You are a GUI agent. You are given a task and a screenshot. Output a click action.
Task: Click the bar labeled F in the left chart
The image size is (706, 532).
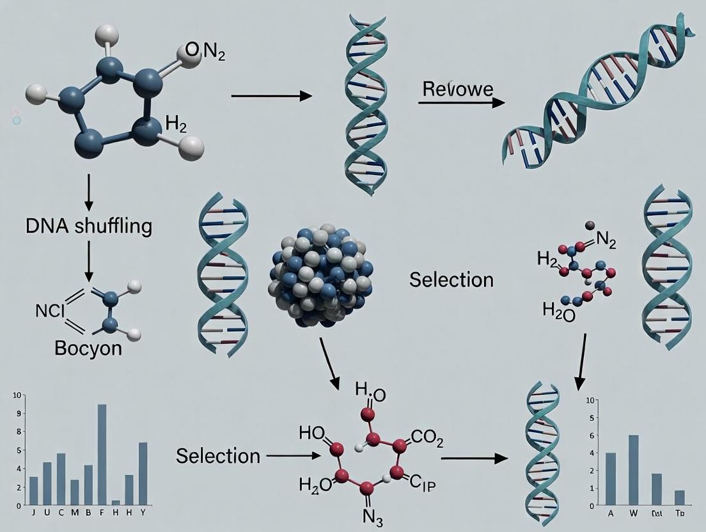[102, 455]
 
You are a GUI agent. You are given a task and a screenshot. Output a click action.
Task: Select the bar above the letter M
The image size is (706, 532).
[75, 492]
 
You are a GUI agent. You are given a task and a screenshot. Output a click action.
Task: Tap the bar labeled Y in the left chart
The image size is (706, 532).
[143, 473]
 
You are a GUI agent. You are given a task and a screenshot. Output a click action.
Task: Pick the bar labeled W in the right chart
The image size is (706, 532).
[633, 470]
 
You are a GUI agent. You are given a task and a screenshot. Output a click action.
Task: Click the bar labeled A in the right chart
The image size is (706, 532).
[610, 479]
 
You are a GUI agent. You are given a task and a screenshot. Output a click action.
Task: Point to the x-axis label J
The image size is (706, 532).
[33, 512]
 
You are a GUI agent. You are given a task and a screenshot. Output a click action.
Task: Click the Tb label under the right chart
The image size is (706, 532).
[679, 513]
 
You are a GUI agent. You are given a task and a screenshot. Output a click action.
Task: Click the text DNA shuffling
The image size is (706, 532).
[90, 226]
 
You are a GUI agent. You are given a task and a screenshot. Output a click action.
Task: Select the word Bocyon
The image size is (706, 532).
[89, 349]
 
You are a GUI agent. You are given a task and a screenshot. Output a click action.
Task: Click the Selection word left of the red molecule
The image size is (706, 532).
[218, 456]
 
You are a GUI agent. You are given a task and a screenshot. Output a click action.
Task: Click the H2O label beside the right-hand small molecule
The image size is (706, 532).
[559, 311]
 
